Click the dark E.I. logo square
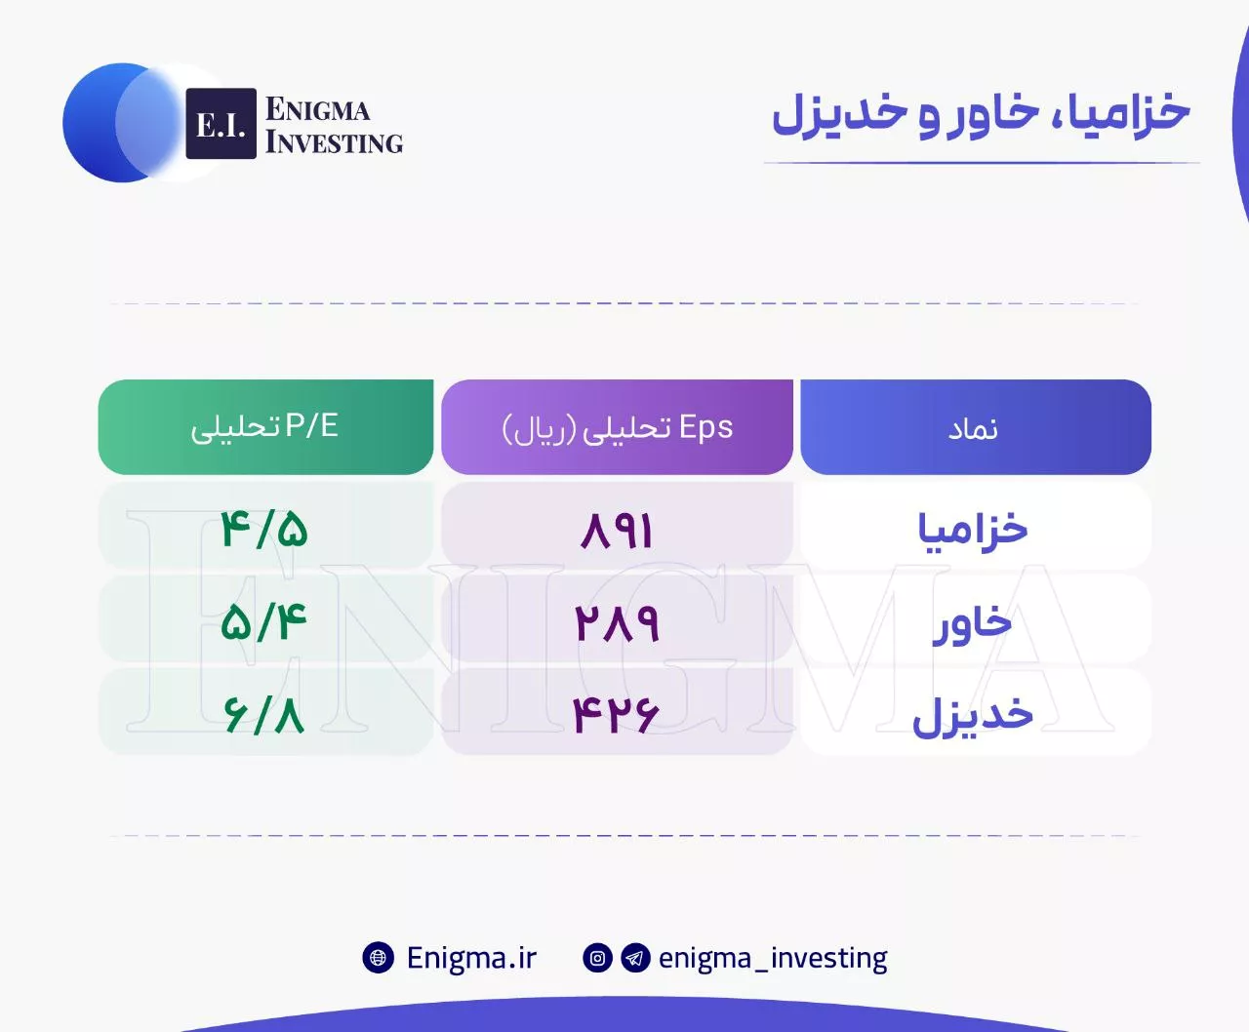221,123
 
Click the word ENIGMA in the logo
317,109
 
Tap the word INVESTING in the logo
334,142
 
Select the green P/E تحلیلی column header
265,427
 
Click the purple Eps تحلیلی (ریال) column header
618,427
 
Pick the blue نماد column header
976,427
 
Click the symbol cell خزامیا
973,530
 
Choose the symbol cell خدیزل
973,716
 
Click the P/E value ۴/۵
263,530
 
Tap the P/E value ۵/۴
263,622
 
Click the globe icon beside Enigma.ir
378,958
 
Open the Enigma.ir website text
472,958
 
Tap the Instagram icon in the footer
597,958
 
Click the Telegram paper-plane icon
635,958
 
